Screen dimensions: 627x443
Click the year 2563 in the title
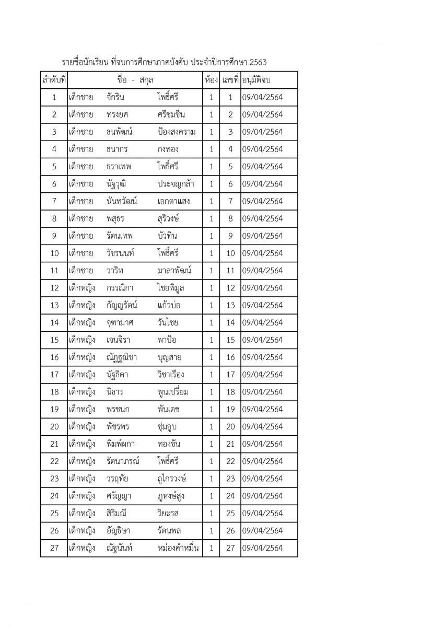(x=258, y=62)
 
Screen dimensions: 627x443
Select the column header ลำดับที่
(x=54, y=80)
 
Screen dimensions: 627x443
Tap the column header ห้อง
(x=211, y=80)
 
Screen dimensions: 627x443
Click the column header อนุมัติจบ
(x=260, y=80)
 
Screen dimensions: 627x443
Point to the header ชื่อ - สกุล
(x=135, y=80)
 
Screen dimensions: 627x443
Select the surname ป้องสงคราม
(x=177, y=132)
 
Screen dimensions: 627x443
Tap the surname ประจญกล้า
(x=176, y=184)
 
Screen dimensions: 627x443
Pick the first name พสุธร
(x=116, y=218)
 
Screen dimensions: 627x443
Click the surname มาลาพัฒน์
(x=174, y=271)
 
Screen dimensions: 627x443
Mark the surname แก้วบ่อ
(x=169, y=305)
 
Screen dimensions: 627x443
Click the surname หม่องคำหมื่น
(x=178, y=548)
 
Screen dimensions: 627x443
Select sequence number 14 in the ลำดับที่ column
(x=54, y=322)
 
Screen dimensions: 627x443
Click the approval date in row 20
(x=262, y=427)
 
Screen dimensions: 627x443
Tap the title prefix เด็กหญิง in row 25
(x=81, y=514)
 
